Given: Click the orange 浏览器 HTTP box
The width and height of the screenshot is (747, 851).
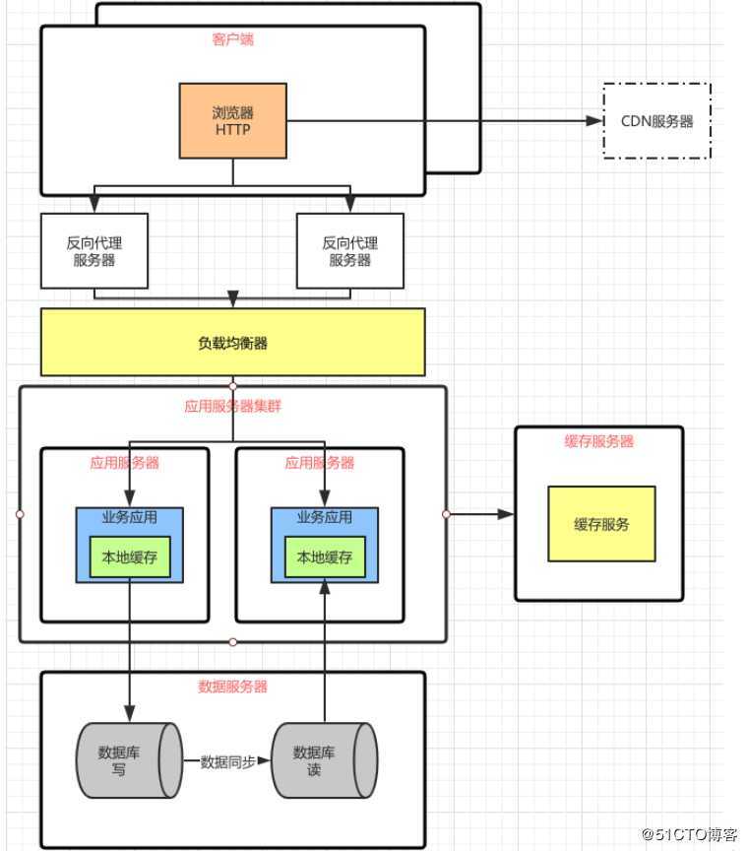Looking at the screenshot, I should [232, 120].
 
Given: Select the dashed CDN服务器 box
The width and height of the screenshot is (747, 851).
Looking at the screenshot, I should [656, 121].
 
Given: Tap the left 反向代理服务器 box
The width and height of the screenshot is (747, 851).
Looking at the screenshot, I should [94, 251].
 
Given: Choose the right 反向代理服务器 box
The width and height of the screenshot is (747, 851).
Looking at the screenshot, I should [350, 251].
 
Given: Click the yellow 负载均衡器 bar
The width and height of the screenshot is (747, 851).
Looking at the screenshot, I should [232, 343].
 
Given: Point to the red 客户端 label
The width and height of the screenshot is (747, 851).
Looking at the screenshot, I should [232, 39].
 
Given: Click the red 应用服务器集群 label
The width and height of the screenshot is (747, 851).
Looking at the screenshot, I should [232, 405].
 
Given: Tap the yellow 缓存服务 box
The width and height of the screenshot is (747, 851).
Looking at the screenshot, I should [601, 524].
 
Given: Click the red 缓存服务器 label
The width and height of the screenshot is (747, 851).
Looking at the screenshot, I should [598, 441].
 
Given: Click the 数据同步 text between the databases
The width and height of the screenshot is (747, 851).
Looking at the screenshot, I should [227, 761].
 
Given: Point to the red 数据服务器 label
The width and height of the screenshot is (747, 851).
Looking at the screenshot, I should [232, 687].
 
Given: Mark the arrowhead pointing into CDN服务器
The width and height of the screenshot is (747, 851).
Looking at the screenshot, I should [594, 120].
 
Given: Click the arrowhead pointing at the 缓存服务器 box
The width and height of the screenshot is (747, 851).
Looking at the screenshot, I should [506, 514].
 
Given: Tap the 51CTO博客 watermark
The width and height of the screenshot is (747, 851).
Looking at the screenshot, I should [689, 834].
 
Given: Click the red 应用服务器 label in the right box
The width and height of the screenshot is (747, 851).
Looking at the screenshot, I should [319, 462].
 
